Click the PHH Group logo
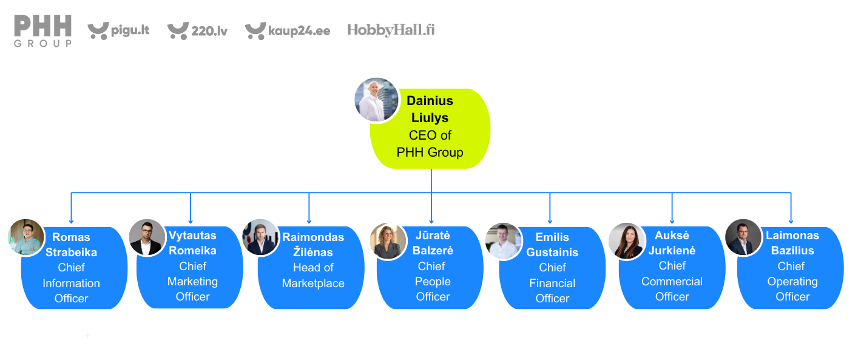(x=43, y=31)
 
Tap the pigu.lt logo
(x=118, y=30)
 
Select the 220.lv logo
(x=197, y=30)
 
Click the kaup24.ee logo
(x=288, y=30)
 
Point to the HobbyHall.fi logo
(x=391, y=30)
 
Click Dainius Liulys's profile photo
(x=377, y=100)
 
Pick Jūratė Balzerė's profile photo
(x=388, y=241)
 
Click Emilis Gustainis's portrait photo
(x=504, y=241)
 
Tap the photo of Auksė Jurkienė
(x=627, y=241)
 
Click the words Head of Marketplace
(x=313, y=275)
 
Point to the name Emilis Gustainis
(x=552, y=245)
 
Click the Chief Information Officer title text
(x=72, y=283)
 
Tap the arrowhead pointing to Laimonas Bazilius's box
(x=791, y=220)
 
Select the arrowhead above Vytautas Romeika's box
(x=191, y=220)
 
